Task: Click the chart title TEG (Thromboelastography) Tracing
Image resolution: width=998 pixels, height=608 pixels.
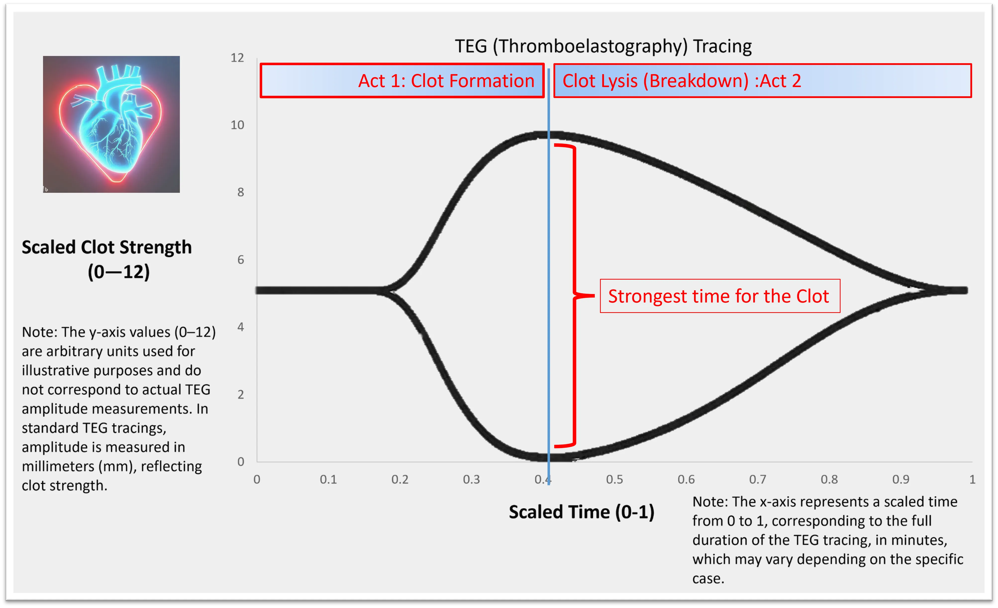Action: pyautogui.click(x=603, y=47)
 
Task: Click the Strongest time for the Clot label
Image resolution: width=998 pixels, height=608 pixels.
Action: pyautogui.click(x=720, y=296)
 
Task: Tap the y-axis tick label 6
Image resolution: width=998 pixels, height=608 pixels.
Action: pyautogui.click(x=241, y=260)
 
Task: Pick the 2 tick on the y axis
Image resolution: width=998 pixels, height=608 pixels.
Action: pyautogui.click(x=241, y=395)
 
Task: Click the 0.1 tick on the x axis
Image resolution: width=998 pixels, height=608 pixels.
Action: pyautogui.click(x=328, y=480)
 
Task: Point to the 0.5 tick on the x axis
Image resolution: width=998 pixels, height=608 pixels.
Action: pyautogui.click(x=614, y=480)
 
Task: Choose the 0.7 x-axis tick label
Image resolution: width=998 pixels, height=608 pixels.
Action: pyautogui.click(x=757, y=480)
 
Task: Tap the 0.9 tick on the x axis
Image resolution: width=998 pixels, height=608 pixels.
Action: pyautogui.click(x=901, y=480)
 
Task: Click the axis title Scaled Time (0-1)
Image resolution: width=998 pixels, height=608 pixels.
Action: pyautogui.click(x=582, y=512)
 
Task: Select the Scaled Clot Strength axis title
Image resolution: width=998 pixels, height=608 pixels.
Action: pyautogui.click(x=106, y=259)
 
